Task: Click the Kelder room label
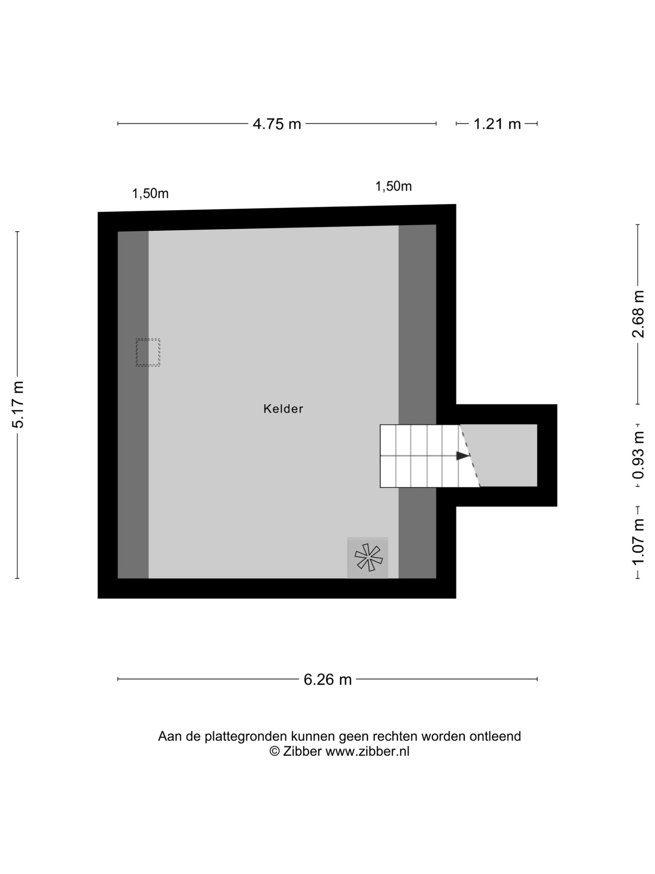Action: (283, 409)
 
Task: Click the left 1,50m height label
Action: (150, 194)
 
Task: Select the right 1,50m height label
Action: (393, 186)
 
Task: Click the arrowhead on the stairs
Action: (463, 456)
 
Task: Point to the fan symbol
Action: (368, 557)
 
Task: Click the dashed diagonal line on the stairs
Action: (470, 456)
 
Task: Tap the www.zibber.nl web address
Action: (367, 751)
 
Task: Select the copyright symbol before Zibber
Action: (274, 751)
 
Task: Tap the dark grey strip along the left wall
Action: (133, 405)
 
